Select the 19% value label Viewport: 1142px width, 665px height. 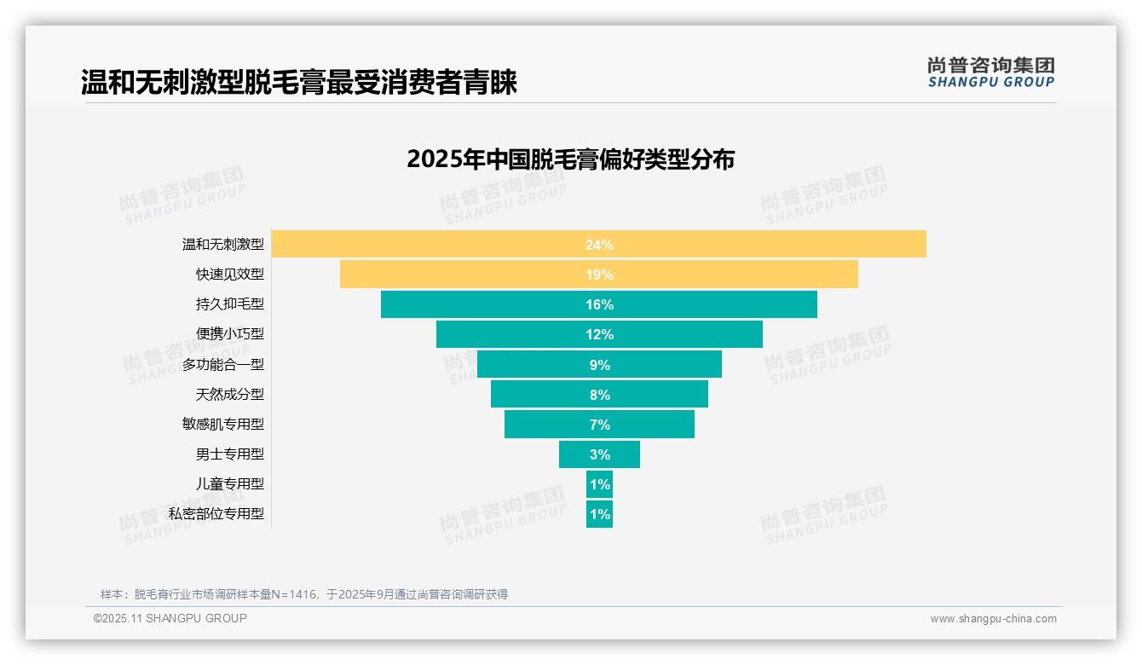point(599,275)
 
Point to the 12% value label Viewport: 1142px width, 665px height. point(599,334)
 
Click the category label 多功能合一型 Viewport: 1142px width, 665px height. point(223,364)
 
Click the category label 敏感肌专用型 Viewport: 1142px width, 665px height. point(223,424)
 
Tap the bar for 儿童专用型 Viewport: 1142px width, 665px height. point(599,484)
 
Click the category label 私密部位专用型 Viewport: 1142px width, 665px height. point(216,513)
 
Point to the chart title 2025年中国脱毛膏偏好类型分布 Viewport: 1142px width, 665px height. point(570,159)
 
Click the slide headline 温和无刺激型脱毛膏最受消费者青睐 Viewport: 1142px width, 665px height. point(299,83)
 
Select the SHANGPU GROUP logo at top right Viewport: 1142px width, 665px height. point(990,72)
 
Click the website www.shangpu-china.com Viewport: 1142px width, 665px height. point(993,619)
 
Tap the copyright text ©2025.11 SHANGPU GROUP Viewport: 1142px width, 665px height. point(170,618)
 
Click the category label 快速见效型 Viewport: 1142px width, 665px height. point(230,275)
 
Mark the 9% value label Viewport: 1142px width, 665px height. point(599,365)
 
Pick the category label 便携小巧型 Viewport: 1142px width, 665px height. point(230,334)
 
